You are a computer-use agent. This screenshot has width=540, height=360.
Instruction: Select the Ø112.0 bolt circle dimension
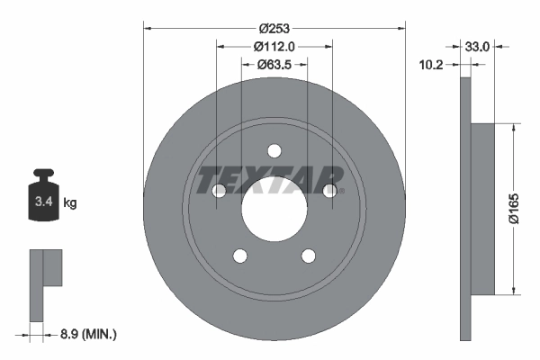[x=274, y=46]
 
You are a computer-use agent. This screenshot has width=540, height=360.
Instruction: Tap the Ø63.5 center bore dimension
[x=274, y=64]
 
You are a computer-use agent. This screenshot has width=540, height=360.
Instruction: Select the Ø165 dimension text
[x=526, y=209]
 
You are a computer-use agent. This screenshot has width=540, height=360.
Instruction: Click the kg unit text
[x=69, y=204]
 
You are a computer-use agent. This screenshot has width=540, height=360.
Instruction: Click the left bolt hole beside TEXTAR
[x=219, y=191]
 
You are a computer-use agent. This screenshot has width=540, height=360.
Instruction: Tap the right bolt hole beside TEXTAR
[x=330, y=191]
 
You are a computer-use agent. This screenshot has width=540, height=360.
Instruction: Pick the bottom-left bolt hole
[x=240, y=256]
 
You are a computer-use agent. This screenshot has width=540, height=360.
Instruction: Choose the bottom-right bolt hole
[x=309, y=256]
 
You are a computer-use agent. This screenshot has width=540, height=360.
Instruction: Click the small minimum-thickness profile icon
[x=45, y=283]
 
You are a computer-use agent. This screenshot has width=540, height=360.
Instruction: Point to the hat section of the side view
[x=482, y=209]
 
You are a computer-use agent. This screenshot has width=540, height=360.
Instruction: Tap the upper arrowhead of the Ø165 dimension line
[x=513, y=129]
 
